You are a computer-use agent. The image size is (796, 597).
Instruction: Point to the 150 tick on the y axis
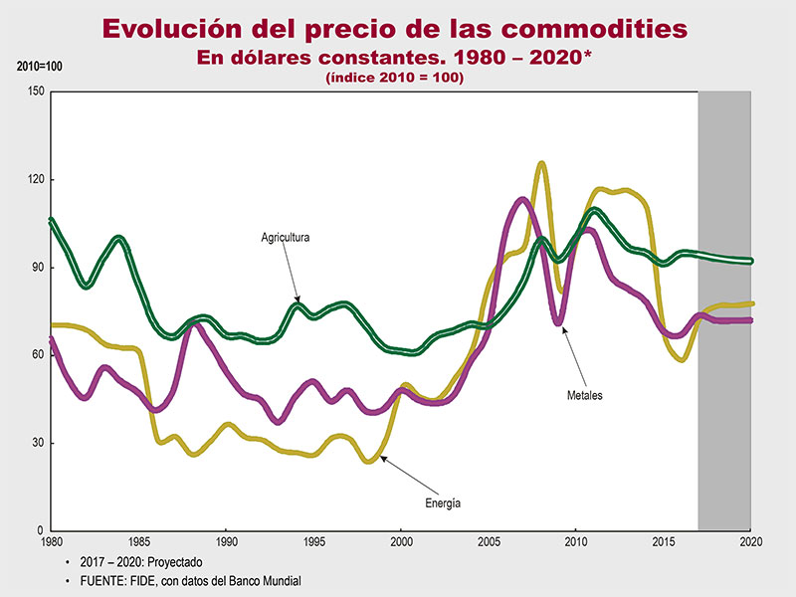36,92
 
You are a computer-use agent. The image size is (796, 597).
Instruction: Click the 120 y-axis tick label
36,180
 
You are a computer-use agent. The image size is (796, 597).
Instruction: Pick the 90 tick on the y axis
39,268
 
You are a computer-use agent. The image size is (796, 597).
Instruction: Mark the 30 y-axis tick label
39,443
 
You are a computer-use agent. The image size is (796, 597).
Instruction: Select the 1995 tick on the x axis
313,543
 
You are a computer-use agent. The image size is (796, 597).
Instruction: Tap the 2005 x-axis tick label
489,543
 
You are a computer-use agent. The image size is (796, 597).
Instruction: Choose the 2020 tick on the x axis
750,543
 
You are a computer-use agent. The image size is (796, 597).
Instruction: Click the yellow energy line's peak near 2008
541,163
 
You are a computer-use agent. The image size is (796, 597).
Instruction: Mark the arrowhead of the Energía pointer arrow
381,457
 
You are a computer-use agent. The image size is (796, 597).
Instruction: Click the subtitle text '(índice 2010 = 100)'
395,78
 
